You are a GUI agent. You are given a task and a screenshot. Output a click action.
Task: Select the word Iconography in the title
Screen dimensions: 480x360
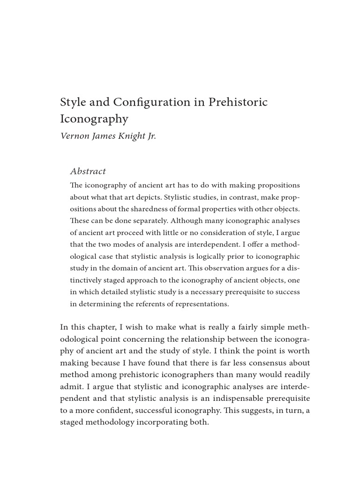[x=94, y=119]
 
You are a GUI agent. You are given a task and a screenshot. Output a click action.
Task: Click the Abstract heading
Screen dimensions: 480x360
[x=88, y=172]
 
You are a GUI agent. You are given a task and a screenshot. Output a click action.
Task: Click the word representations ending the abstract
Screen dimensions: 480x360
[x=201, y=304]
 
